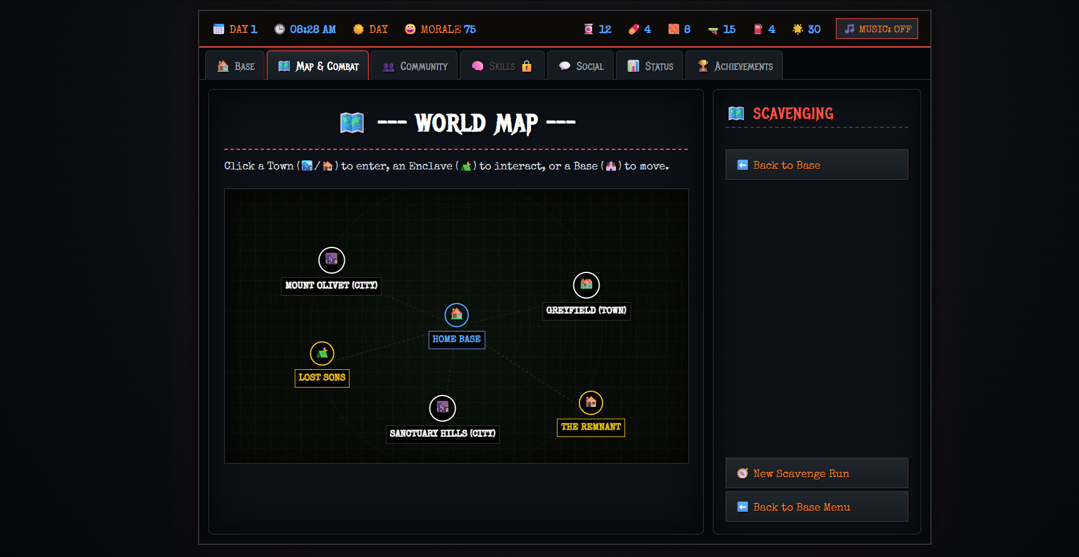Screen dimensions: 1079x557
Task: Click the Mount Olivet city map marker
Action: pos(331,260)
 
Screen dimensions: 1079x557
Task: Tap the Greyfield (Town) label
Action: pos(586,311)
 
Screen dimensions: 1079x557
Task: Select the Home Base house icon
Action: pos(456,314)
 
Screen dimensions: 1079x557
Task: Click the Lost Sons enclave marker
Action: pos(322,353)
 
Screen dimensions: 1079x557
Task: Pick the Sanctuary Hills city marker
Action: pos(442,408)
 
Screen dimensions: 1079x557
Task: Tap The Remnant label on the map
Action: pos(591,427)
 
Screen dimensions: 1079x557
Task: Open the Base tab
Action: pos(235,66)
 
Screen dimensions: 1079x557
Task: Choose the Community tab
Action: pos(414,66)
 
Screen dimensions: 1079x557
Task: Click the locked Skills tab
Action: pos(502,66)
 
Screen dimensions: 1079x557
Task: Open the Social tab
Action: pos(581,66)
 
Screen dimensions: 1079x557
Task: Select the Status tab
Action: pos(649,66)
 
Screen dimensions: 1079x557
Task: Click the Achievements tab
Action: pos(734,66)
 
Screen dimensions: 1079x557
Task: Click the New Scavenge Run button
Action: pos(816,473)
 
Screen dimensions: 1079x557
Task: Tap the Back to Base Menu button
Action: pos(816,506)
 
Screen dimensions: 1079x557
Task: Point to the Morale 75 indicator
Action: pos(440,29)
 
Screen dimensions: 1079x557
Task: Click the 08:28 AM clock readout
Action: pos(305,29)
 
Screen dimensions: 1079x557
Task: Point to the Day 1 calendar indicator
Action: pos(235,29)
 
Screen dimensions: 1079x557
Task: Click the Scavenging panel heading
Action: pos(781,114)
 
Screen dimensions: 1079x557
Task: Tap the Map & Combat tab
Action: pos(317,66)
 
